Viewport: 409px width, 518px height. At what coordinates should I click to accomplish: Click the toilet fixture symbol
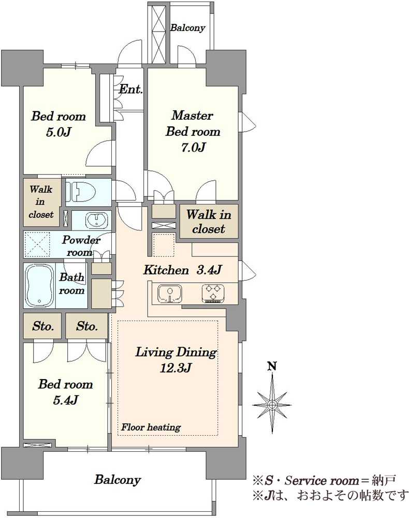(x=81, y=192)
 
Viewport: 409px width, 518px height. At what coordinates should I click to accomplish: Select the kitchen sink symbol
(x=170, y=293)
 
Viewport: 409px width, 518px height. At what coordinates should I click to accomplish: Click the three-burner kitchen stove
(x=213, y=293)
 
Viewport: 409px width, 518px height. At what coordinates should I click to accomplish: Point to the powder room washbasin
(x=96, y=220)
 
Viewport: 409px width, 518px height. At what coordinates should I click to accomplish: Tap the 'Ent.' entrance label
(x=130, y=89)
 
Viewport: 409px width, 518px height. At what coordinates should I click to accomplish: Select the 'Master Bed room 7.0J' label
(x=193, y=131)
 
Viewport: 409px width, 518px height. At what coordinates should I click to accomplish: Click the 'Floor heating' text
(x=151, y=427)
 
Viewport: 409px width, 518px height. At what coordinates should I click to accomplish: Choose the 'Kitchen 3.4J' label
(x=182, y=270)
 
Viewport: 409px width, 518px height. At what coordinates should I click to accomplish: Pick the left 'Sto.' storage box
(x=42, y=326)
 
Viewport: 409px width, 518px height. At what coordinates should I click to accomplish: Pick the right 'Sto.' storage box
(x=87, y=326)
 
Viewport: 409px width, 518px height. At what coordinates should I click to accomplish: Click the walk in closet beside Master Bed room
(x=209, y=221)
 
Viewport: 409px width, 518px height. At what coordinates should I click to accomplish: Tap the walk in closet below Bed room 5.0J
(x=42, y=202)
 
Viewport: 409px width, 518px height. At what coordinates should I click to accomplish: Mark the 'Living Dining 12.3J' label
(x=176, y=359)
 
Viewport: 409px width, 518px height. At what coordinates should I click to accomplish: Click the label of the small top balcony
(x=187, y=28)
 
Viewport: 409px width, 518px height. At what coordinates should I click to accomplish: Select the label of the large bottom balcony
(x=118, y=480)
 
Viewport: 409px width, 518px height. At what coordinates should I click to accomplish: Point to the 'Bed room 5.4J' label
(x=65, y=392)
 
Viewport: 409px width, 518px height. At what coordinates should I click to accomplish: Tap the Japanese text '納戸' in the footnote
(x=384, y=480)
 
